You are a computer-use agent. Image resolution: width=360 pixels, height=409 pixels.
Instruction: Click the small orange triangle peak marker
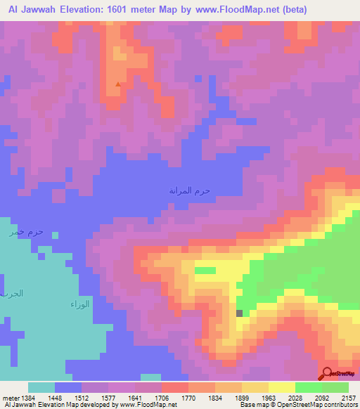pos(117,84)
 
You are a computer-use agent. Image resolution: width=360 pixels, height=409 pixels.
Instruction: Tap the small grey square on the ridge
pos(240,313)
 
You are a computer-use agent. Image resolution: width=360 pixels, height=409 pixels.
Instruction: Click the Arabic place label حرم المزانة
pos(189,190)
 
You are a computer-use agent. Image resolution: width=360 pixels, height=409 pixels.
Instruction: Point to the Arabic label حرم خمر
pos(26,232)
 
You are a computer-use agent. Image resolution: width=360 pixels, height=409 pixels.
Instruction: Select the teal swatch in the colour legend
pos(41,387)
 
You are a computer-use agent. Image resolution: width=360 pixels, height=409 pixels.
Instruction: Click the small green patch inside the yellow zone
pos(205,270)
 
